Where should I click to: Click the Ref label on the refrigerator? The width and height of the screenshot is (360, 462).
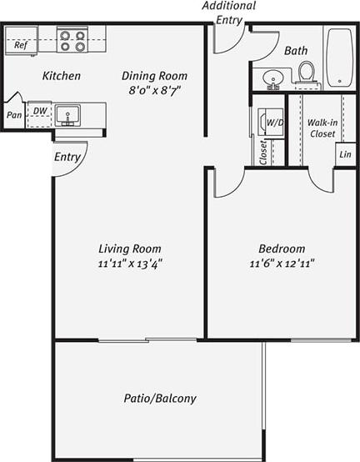[x=20, y=45]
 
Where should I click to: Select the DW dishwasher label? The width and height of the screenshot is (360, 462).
[x=39, y=110]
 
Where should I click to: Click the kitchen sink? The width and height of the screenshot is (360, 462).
[x=67, y=113]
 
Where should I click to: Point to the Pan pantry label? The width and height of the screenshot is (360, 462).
[x=14, y=115]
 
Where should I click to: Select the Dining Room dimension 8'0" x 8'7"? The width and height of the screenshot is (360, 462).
[x=153, y=88]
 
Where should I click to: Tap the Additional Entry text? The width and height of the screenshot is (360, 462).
[x=228, y=13]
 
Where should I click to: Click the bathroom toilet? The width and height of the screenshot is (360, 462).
[x=306, y=73]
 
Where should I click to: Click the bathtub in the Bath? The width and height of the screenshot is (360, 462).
[x=339, y=58]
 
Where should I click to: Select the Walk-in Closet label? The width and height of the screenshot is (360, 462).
[x=322, y=128]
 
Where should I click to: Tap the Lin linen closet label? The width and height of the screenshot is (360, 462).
[x=344, y=155]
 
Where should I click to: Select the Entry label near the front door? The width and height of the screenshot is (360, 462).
[x=67, y=157]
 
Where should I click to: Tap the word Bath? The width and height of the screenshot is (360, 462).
[x=295, y=51]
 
